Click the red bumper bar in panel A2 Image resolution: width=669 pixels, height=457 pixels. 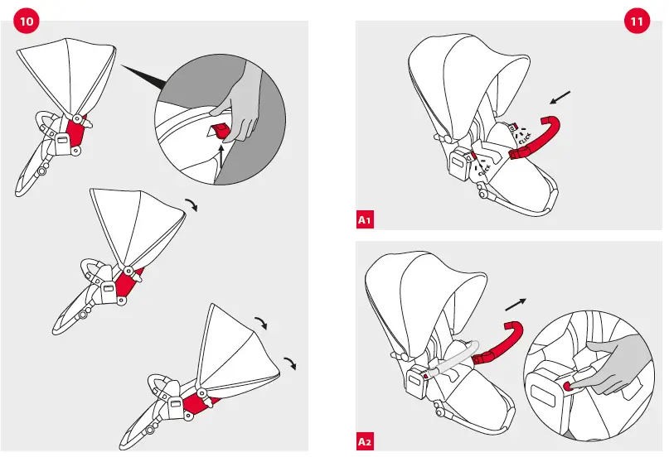(x=501, y=344)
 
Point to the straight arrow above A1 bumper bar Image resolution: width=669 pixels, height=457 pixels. (x=561, y=99)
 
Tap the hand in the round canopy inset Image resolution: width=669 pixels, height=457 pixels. (x=240, y=99)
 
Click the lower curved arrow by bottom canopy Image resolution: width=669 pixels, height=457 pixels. (x=290, y=363)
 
